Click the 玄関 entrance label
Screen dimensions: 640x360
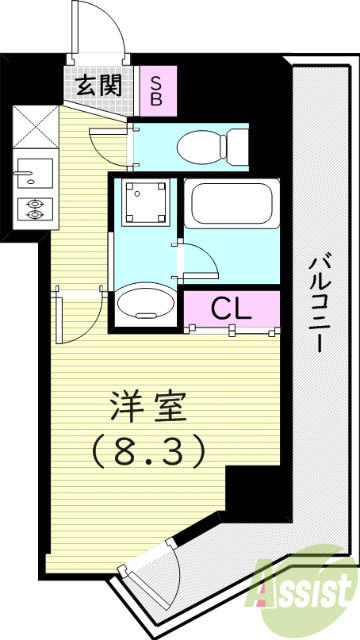(x=98, y=86)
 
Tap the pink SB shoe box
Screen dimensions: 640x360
(x=156, y=88)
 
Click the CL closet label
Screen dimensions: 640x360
(x=231, y=309)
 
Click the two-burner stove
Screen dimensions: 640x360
(x=34, y=209)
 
